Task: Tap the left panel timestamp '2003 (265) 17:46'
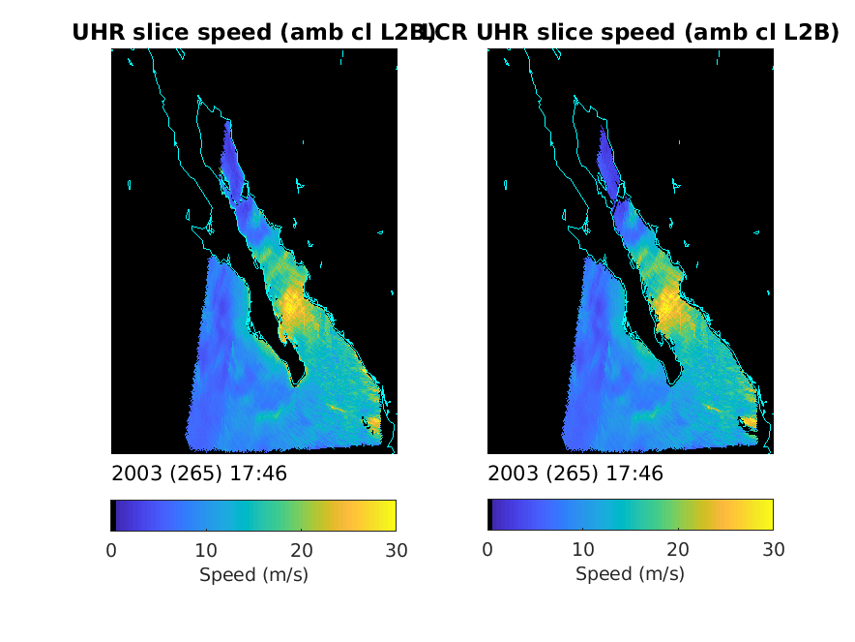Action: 199,474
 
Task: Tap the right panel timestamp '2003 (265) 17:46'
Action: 575,474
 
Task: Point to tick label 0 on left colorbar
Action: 111,550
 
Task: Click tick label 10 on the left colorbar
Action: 206,550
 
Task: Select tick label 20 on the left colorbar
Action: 301,550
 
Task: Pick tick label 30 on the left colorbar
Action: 396,550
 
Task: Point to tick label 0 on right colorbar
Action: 487,550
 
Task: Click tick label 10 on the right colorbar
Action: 582,550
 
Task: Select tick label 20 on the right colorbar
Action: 677,550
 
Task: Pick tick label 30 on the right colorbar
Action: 772,550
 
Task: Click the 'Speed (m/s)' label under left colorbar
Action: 253,574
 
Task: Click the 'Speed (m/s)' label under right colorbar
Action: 630,574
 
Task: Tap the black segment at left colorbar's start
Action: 113,515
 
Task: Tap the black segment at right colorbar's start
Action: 489,515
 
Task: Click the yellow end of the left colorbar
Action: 391,515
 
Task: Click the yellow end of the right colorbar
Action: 767,515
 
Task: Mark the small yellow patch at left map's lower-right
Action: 374,422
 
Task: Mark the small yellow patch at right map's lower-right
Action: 750,422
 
